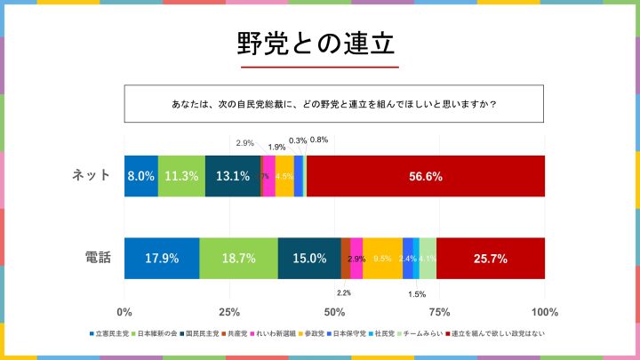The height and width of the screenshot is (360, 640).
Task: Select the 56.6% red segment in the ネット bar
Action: [425, 176]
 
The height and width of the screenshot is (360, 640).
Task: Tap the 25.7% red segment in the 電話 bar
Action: [490, 259]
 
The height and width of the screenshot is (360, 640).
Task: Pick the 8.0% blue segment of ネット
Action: [141, 176]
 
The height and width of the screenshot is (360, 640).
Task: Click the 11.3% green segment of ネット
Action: [181, 176]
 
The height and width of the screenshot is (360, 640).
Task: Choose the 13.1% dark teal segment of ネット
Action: [232, 176]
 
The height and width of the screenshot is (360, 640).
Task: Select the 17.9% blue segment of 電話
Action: [162, 259]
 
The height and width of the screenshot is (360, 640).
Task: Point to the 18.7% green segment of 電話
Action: [238, 259]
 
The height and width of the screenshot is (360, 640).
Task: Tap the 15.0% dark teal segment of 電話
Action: [308, 259]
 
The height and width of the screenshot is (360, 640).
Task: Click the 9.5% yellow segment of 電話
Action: [382, 259]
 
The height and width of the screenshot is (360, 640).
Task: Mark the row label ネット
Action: [92, 175]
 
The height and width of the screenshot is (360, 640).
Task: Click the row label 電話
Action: [98, 258]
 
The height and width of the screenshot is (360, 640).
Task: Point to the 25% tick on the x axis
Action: [229, 312]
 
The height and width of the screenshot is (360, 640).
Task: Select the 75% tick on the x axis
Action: [439, 312]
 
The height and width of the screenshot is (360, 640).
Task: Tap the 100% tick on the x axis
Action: [544, 312]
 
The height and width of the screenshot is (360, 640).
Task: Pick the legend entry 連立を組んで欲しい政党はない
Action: [500, 334]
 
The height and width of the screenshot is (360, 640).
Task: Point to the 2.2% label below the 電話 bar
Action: [344, 292]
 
